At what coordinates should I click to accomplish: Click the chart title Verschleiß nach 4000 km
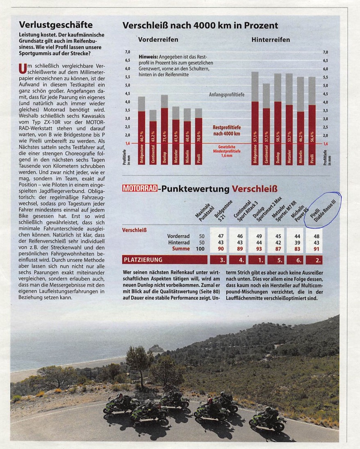point(200,25)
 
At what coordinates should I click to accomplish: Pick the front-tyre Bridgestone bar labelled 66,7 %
point(141,131)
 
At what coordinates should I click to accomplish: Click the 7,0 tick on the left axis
point(128,52)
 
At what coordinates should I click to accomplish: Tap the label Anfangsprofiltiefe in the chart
point(226,94)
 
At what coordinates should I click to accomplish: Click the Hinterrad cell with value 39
point(295,242)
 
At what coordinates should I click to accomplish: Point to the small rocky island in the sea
point(155,348)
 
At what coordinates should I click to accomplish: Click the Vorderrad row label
point(178,236)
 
